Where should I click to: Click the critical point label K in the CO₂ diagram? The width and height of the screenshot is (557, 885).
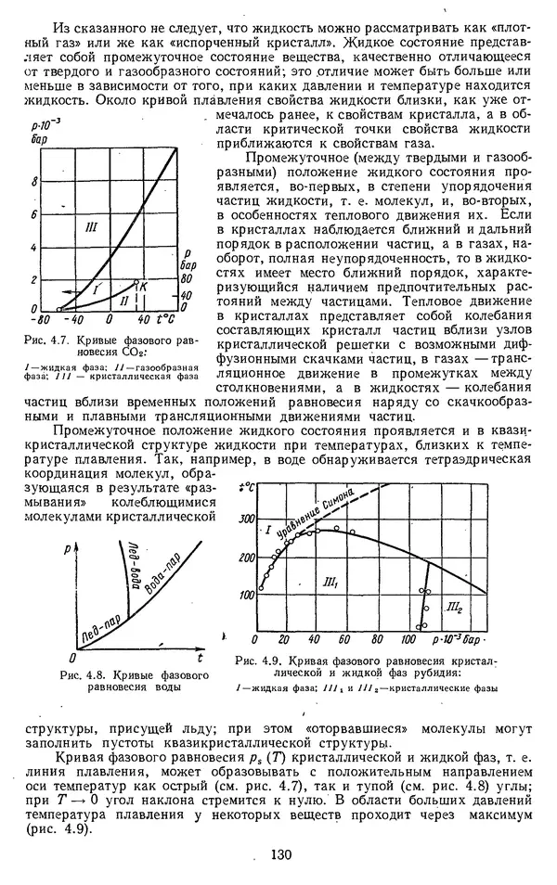pyautogui.click(x=145, y=289)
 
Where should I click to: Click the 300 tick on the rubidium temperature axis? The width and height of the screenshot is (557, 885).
pyautogui.click(x=245, y=519)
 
